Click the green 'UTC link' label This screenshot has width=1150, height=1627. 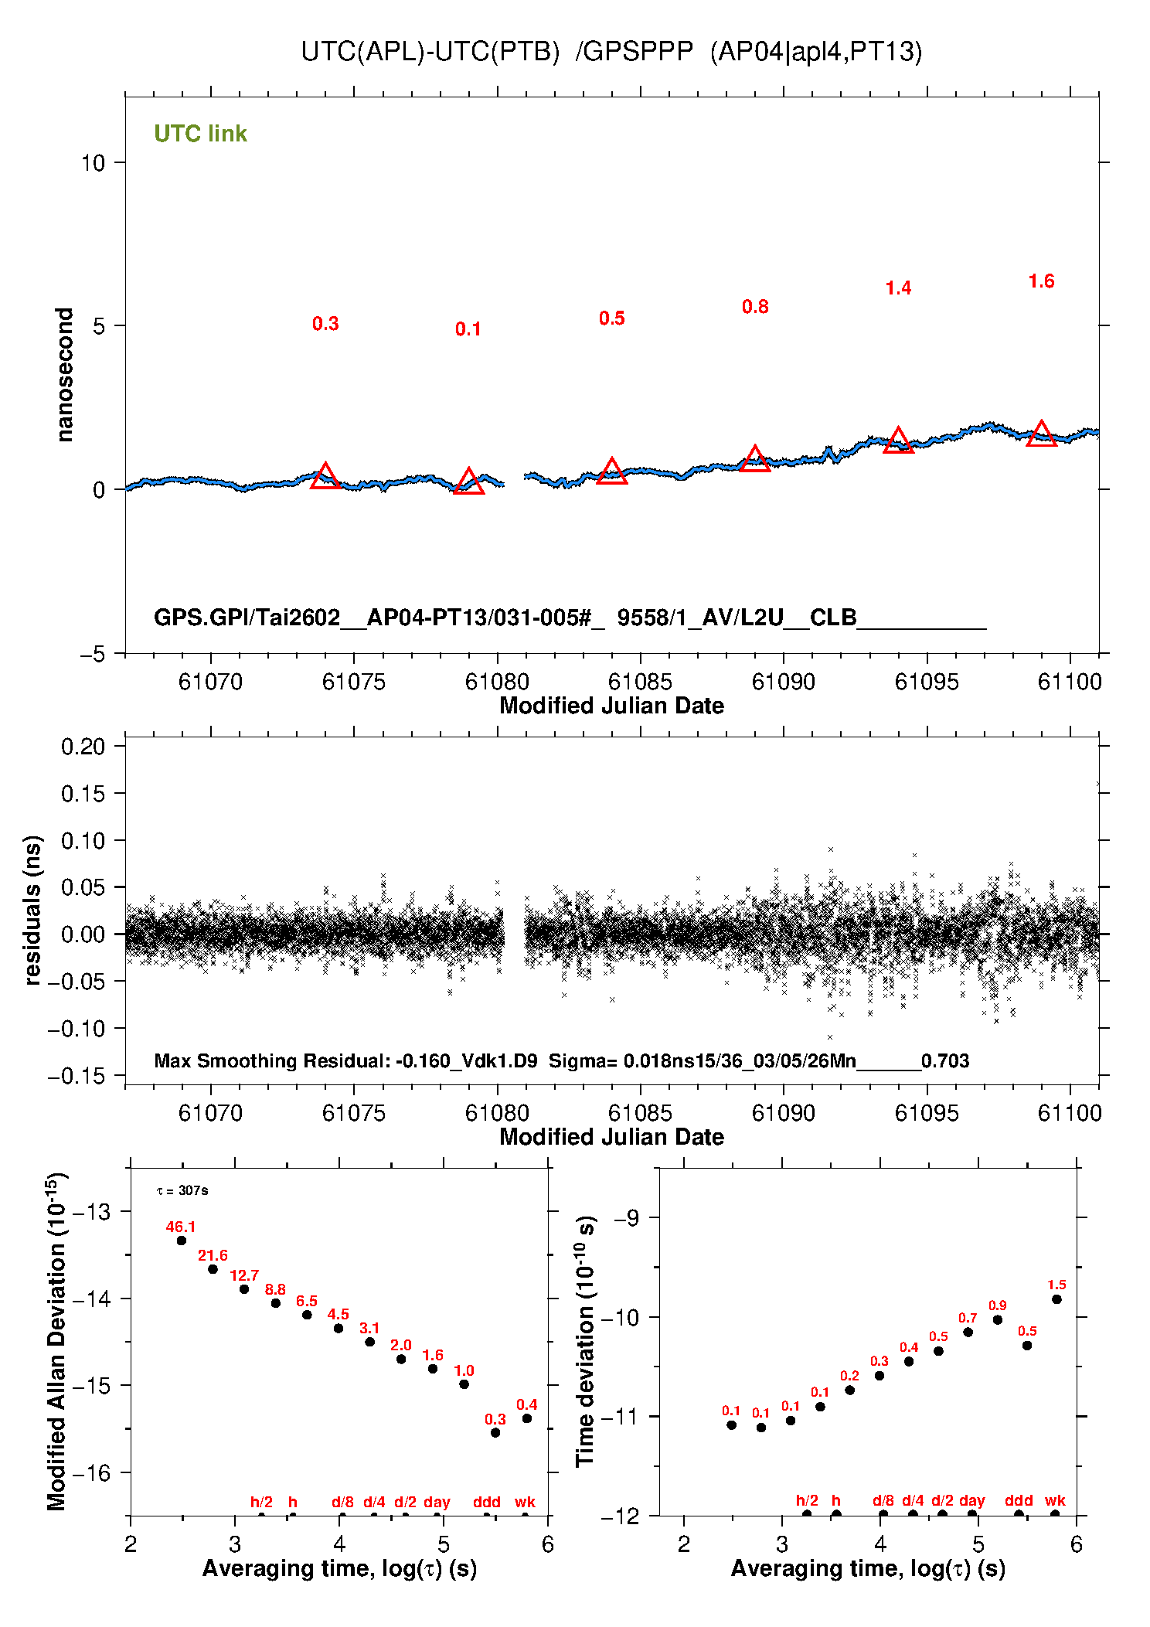point(200,134)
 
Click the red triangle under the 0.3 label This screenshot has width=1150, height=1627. point(325,477)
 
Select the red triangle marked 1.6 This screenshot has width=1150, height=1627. point(1041,434)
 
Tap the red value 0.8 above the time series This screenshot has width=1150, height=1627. point(755,307)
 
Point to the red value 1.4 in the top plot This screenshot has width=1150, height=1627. point(898,288)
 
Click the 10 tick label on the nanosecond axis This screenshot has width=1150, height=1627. point(93,163)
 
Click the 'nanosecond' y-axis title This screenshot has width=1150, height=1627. point(65,375)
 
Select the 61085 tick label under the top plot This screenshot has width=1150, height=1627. point(640,682)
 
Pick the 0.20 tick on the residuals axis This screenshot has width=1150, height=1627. point(83,747)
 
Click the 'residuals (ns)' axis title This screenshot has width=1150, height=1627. point(32,910)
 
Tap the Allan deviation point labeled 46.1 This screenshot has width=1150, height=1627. point(182,1241)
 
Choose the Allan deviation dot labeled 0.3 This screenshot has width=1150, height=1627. point(495,1432)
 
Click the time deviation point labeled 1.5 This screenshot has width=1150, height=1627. point(1056,1299)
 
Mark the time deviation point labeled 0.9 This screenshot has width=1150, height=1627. point(998,1319)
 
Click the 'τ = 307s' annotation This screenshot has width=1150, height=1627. point(182,1190)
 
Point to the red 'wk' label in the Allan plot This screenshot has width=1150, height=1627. point(525,1502)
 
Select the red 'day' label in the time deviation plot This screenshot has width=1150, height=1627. point(971,1500)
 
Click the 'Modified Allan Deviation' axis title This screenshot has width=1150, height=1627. point(56,1341)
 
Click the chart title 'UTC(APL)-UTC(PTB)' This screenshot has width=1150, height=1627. point(430,52)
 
